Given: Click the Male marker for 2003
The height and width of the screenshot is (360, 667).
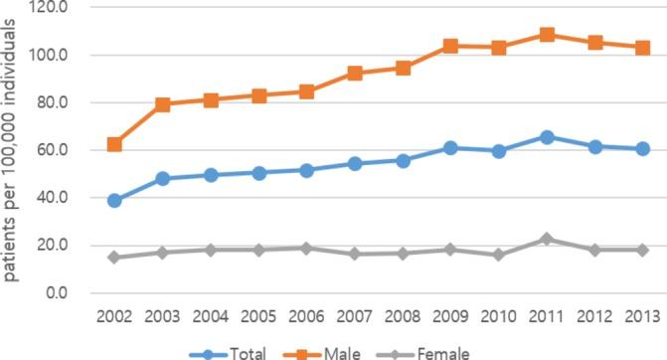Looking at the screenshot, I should pyautogui.click(x=163, y=104).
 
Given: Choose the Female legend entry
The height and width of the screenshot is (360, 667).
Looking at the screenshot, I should pyautogui.click(x=434, y=351).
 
